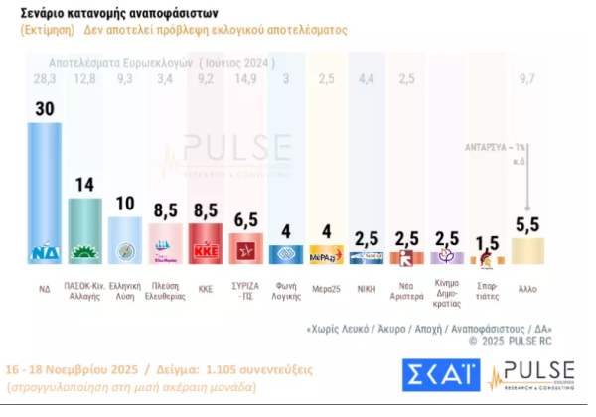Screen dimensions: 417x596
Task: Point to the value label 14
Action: [84, 185]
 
